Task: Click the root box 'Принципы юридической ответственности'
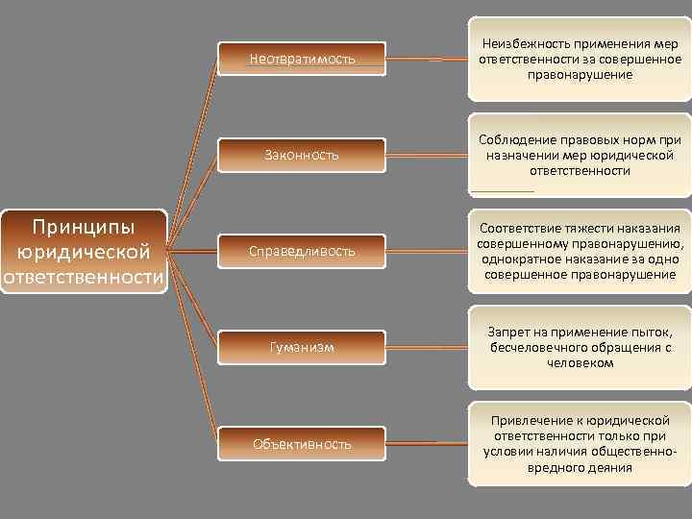85,252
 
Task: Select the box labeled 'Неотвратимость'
302,59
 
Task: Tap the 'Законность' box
302,155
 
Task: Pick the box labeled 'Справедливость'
302,251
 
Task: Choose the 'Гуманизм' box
302,347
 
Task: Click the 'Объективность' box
302,443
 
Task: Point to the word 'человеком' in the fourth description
579,363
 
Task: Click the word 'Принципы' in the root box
85,228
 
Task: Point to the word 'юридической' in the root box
85,253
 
